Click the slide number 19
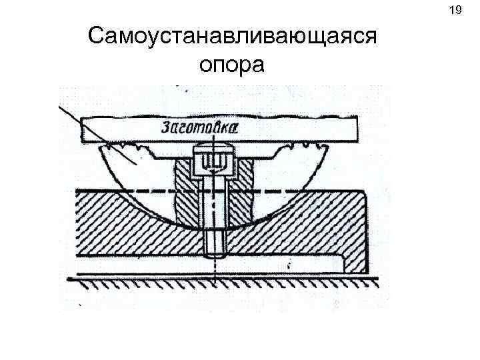456,11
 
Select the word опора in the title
232,64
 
